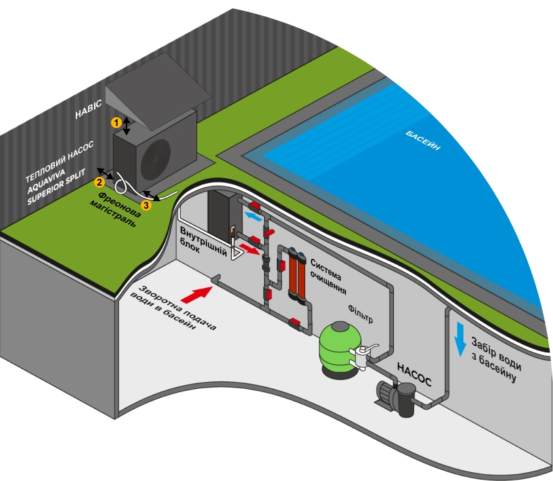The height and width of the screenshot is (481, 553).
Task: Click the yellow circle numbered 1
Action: tap(116, 122)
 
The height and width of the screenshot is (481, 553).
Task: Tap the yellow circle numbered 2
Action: tap(99, 181)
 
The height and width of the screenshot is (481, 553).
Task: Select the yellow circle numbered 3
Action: tap(146, 204)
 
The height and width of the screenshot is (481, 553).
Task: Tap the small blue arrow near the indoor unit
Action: tap(252, 215)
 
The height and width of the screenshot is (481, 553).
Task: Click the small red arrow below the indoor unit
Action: tap(249, 250)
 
